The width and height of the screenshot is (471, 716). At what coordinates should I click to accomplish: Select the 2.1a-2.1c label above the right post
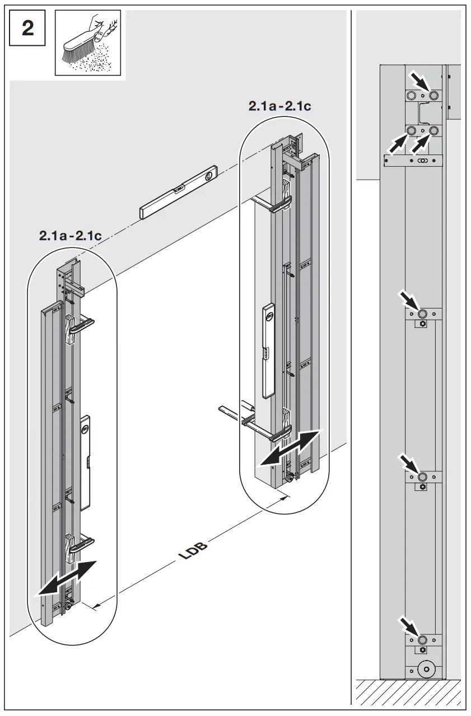coord(279,106)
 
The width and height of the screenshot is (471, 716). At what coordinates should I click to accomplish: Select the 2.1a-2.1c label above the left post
coord(70,236)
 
